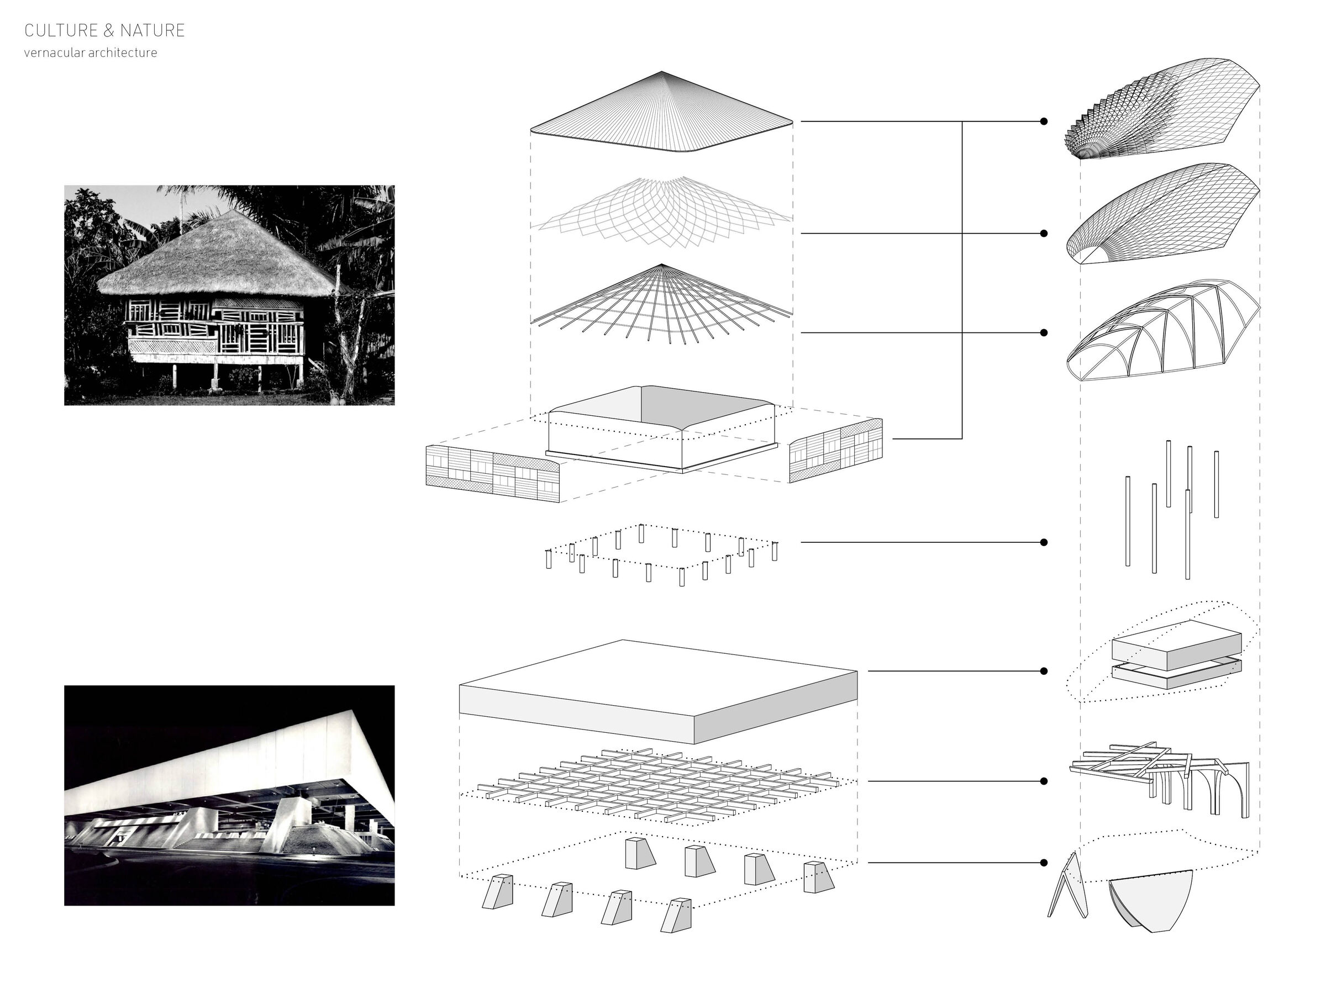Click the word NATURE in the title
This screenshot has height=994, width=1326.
152,30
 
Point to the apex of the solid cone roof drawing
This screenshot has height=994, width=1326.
662,72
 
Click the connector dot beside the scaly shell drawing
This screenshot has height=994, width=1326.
1044,121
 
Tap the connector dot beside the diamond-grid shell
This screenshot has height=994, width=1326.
1044,233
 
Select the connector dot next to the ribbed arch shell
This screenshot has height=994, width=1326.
1044,332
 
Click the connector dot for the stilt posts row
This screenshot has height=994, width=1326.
1044,542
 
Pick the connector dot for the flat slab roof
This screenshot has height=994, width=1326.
1044,671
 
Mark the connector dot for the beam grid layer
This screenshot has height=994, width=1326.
1044,781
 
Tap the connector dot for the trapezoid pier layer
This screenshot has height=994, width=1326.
1044,863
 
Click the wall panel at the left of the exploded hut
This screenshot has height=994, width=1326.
493,473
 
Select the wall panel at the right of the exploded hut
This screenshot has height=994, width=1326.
835,450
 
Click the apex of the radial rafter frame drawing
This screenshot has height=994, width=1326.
661,264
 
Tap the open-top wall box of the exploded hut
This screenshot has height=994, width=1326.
662,429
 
